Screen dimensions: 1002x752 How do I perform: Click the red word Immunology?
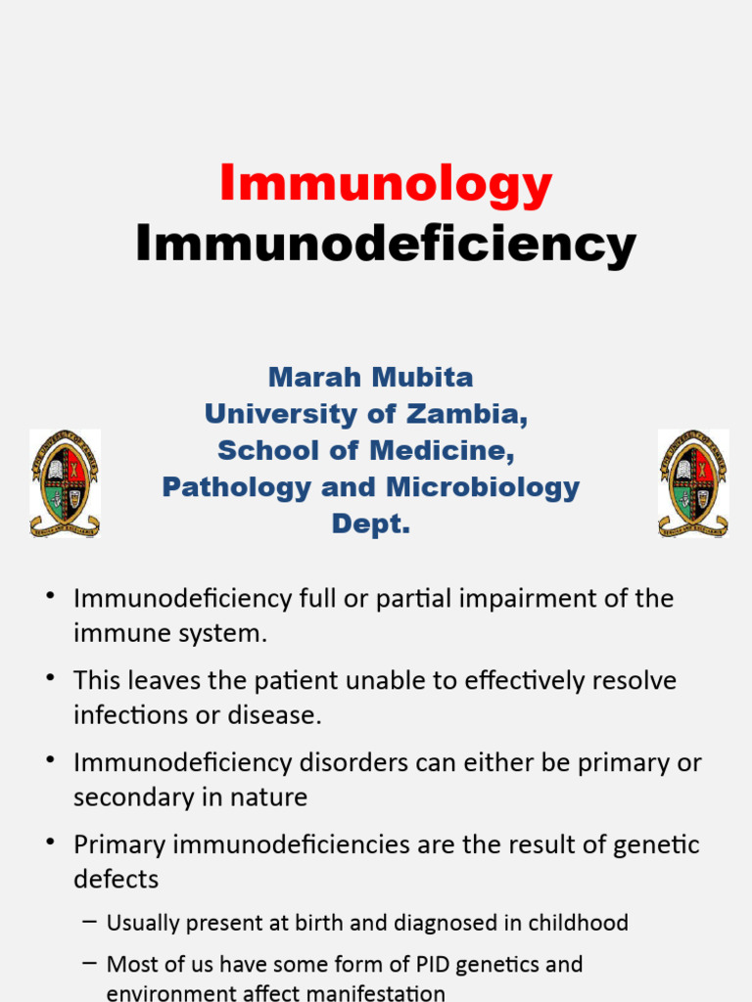pyautogui.click(x=386, y=184)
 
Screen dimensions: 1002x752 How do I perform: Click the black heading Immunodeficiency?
pyautogui.click(x=386, y=244)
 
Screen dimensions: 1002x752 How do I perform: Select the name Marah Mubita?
pyautogui.click(x=371, y=377)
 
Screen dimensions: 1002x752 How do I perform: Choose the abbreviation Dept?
pyautogui.click(x=371, y=524)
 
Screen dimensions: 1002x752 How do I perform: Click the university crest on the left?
pyautogui.click(x=65, y=483)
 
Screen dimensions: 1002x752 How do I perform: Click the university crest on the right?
pyautogui.click(x=693, y=483)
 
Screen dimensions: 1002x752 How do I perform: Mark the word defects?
pyautogui.click(x=116, y=879)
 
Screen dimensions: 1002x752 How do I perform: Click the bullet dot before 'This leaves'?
pyautogui.click(x=50, y=678)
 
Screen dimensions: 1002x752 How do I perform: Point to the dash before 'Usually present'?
pyautogui.click(x=90, y=922)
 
